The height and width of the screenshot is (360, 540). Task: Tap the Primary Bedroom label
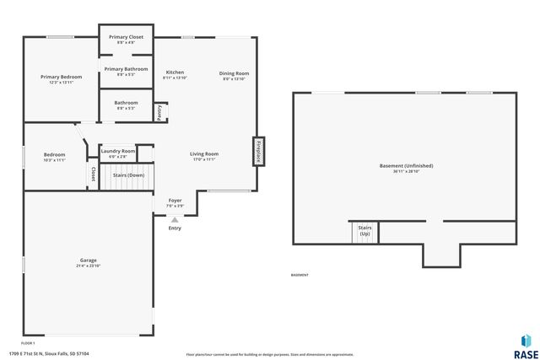tap(61, 78)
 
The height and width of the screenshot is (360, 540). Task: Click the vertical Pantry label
tap(160, 113)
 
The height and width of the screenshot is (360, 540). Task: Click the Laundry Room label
tap(118, 153)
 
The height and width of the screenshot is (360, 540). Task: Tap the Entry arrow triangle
tap(175, 219)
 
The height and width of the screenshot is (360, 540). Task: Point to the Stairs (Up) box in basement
tap(364, 232)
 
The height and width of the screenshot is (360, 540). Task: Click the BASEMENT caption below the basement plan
tap(300, 275)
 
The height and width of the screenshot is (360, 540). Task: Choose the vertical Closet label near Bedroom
tap(93, 175)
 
